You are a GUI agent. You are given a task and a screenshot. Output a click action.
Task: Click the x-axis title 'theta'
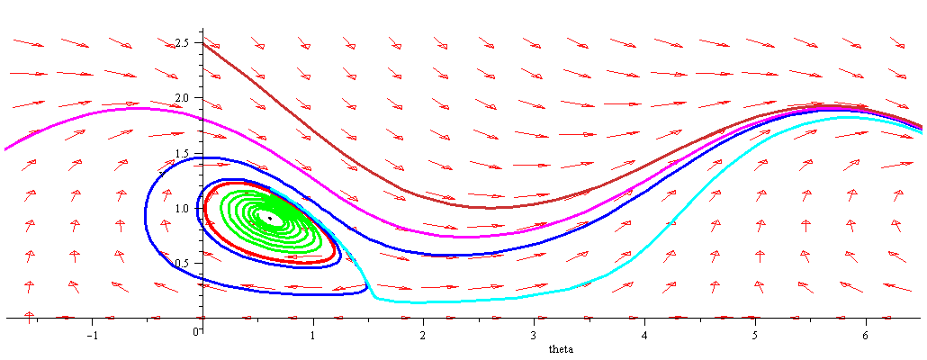coord(560,348)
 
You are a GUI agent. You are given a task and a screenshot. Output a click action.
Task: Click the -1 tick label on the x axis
coord(91,335)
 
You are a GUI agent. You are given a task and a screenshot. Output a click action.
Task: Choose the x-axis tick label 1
coord(313,335)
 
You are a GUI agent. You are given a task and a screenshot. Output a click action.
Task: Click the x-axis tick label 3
coord(535,335)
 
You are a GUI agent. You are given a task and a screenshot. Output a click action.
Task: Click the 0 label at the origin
coord(196,330)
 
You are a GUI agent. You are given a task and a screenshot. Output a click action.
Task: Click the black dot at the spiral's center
coord(269,218)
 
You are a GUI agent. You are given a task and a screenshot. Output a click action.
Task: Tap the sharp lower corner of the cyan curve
coord(373,297)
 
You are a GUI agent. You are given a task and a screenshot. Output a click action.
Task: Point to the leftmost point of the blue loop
coord(145,217)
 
